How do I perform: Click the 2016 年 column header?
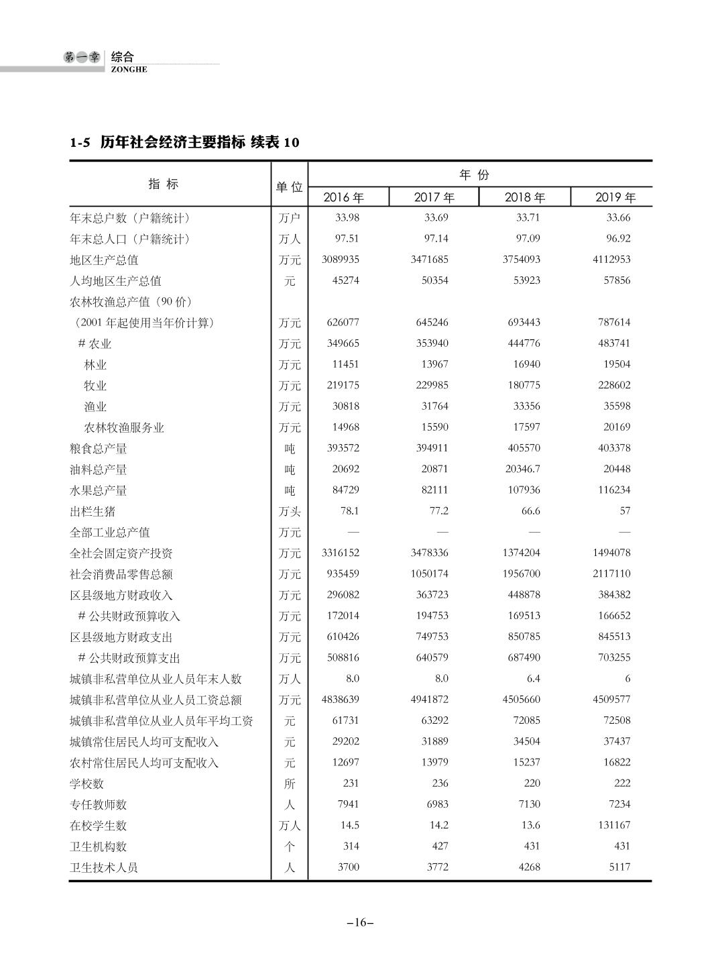pos(343,197)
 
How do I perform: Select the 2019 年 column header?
pos(615,197)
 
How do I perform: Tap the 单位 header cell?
pos(289,186)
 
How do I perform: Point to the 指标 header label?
pos(164,184)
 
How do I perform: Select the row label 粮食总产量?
pos(99,449)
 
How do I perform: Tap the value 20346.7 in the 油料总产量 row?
pos(522,469)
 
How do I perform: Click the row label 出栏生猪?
pos(93,511)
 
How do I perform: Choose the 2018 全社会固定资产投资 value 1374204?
pos(522,553)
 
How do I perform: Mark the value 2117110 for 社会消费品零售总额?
pos(611,574)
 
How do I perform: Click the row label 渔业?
pos(95,406)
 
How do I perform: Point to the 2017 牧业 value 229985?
pos(430,385)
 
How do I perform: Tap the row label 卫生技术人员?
pos(103,867)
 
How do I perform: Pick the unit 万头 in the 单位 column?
pos(290,512)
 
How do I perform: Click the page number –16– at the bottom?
pos(360,922)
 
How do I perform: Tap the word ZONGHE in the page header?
pos(129,69)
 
